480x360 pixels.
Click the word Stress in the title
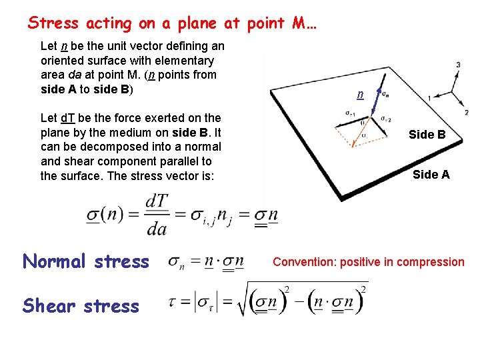tap(51, 23)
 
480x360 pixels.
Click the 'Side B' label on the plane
tap(427, 135)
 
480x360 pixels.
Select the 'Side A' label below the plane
tap(431, 175)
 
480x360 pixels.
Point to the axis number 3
tap(458, 65)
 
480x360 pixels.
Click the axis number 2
tap(466, 112)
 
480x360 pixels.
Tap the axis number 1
tap(429, 98)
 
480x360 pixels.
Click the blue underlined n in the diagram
tap(360, 95)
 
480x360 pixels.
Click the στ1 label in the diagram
tap(349, 113)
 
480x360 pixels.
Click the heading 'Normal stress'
tap(86, 261)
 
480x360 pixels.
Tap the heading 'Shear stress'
tap(81, 306)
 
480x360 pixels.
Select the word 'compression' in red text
tap(431, 262)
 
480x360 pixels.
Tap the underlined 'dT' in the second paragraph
tap(67, 118)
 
